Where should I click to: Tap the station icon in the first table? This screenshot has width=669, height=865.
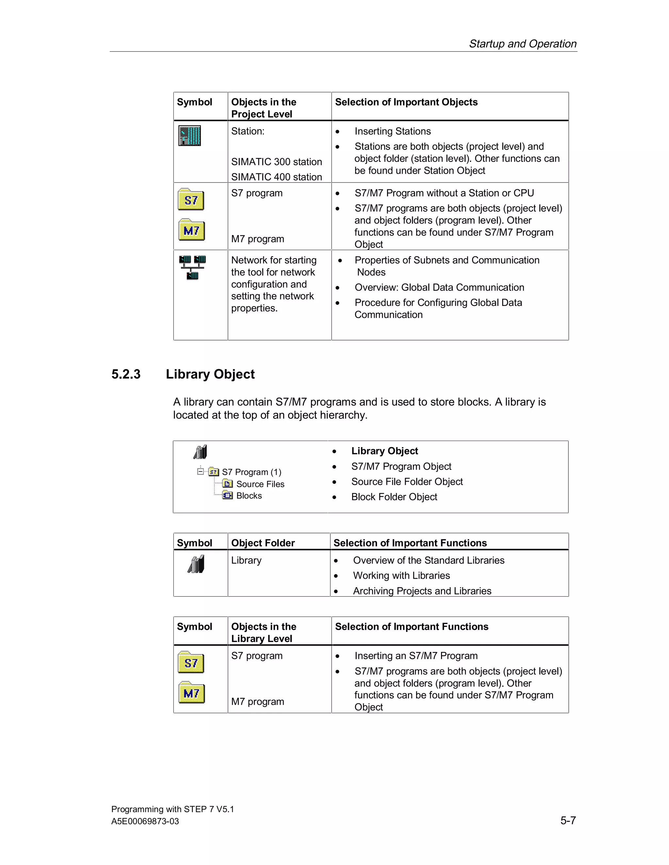pos(189,136)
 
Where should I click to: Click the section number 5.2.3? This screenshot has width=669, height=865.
pos(126,374)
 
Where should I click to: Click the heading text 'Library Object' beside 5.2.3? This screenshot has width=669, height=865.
pos(210,374)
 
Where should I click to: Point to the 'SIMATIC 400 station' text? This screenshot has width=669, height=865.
pos(276,177)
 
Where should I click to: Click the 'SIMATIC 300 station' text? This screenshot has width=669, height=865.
pos(276,162)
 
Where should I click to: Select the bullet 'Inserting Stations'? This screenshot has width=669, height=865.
pos(392,132)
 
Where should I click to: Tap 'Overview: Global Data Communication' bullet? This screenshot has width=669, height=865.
pos(439,288)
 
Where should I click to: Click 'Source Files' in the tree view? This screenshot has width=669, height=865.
pos(260,484)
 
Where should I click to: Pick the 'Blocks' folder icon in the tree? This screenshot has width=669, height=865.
pos(227,495)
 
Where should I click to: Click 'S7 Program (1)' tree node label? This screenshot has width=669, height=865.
pos(251,472)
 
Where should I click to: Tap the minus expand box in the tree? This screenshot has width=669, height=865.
pos(201,471)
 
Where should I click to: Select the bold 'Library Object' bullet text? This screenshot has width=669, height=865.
pos(384,451)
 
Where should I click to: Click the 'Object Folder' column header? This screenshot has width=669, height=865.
pos(263,543)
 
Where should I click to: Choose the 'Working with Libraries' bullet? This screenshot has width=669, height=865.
pos(401,576)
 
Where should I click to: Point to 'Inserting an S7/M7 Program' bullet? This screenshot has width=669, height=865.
pos(416,656)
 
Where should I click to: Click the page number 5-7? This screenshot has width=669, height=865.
pos(567,820)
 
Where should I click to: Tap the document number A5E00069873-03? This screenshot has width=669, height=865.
pos(145,822)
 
